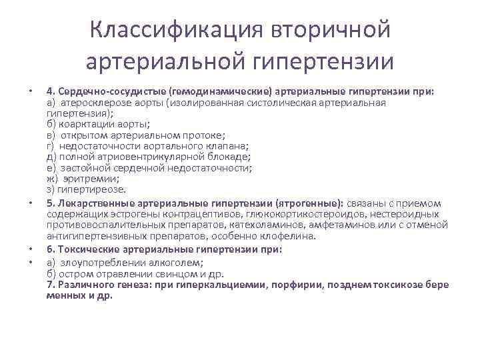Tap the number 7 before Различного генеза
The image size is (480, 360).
50,284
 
